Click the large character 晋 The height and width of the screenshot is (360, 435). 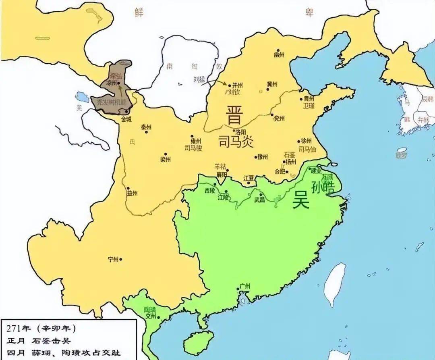click(234, 114)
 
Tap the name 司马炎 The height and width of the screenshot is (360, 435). click(236, 142)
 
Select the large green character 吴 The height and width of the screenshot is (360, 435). click(300, 200)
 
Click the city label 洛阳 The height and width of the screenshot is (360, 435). click(240, 132)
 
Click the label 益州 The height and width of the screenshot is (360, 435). click(132, 193)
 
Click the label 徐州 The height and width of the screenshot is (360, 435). click(307, 141)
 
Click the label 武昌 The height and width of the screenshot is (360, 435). click(260, 200)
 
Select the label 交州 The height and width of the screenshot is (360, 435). click(151, 316)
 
